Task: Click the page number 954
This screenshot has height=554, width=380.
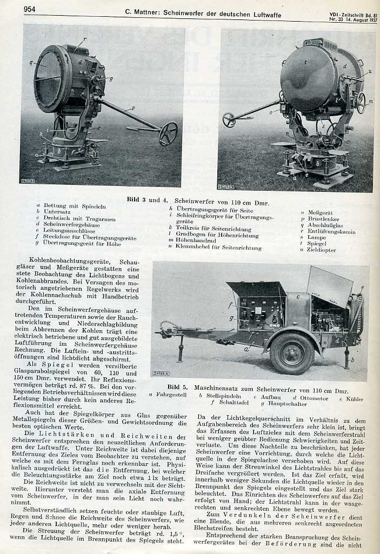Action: point(30,9)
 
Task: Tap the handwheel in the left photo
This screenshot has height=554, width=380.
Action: point(168,133)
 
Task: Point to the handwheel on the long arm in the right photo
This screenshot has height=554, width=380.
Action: point(229,120)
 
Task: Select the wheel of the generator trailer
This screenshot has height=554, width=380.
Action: point(292,353)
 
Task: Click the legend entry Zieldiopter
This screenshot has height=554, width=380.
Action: point(321,250)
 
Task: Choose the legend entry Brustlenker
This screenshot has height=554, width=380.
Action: point(323,219)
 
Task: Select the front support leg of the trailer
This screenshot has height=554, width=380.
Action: point(180,349)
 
